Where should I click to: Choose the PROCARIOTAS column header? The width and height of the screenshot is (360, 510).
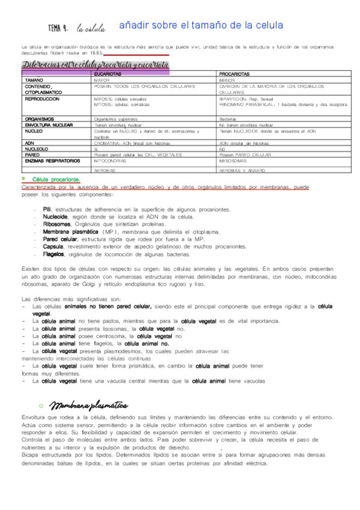click(x=234, y=73)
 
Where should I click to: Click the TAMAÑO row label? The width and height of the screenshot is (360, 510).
click(x=34, y=79)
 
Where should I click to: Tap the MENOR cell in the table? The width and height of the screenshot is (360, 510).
click(x=227, y=79)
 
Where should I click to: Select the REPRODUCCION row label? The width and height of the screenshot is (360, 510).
click(x=42, y=98)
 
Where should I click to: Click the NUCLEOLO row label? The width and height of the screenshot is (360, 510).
click(x=37, y=149)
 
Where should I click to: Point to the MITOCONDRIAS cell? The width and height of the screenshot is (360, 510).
click(x=110, y=161)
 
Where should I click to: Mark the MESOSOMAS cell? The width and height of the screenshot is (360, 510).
click(x=232, y=161)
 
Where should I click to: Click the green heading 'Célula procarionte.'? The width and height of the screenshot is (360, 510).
click(x=56, y=179)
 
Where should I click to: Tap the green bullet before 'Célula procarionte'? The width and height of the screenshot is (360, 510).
click(x=23, y=179)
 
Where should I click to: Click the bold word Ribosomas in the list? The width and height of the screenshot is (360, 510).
click(x=56, y=223)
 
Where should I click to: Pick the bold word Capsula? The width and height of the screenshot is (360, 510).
click(x=53, y=246)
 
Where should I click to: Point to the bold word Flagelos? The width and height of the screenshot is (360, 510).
click(x=54, y=254)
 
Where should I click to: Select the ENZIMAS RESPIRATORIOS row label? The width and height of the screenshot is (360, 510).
click(x=53, y=161)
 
